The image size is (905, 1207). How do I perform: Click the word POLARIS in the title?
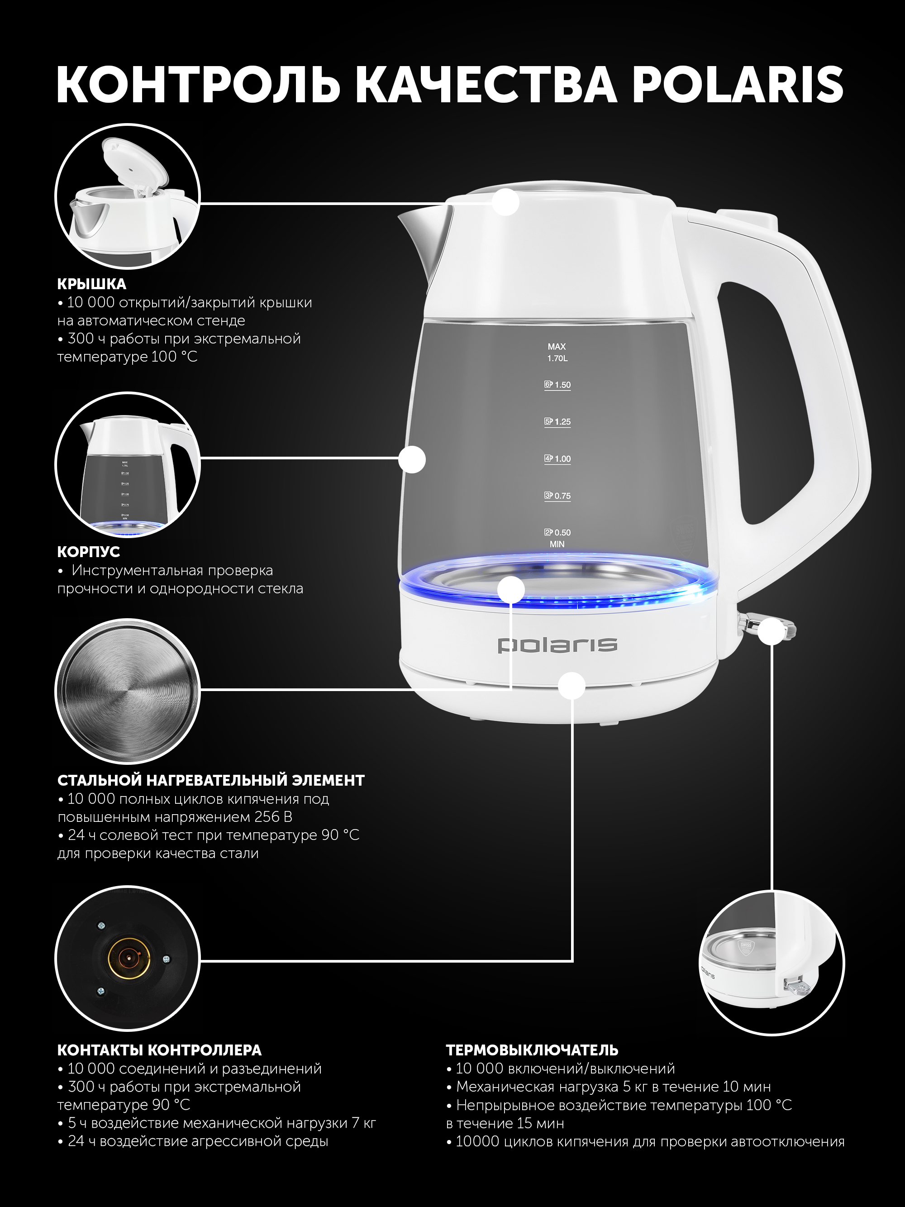tap(738, 85)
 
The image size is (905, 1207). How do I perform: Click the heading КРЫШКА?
tap(92, 284)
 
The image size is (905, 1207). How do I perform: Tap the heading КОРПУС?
tap(88, 552)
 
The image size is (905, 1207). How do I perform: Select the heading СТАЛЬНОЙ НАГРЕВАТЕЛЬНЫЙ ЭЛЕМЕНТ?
tap(210, 780)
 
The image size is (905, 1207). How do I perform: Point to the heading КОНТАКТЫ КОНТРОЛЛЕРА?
tap(159, 1050)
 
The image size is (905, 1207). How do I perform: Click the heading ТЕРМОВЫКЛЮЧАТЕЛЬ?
tap(532, 1050)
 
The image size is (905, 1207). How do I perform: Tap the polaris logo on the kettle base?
tap(557, 644)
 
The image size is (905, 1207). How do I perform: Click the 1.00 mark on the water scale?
tap(557, 459)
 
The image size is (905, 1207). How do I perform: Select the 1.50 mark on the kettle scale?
tap(557, 385)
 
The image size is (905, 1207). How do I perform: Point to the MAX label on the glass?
tap(557, 347)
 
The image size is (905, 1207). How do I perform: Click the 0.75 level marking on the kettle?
tap(557, 496)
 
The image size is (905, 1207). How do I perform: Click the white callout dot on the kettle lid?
tap(506, 202)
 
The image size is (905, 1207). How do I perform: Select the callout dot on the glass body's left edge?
tap(412, 459)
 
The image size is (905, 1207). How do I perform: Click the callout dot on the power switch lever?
tap(772, 631)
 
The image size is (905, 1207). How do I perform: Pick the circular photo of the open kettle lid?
tap(128, 196)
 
